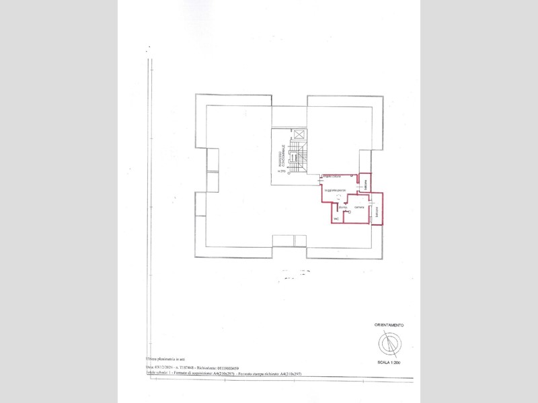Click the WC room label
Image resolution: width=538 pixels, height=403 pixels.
[x=336, y=218]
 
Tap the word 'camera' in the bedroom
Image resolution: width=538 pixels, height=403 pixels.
[x=359, y=208]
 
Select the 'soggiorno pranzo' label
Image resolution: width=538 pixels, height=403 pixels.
[x=335, y=191]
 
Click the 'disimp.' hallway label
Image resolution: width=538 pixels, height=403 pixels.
[x=343, y=208]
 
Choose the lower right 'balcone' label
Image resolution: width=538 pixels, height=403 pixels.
[x=377, y=212]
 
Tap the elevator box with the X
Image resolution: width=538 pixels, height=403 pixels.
[x=299, y=135]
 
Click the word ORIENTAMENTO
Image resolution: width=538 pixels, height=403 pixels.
[x=389, y=325]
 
